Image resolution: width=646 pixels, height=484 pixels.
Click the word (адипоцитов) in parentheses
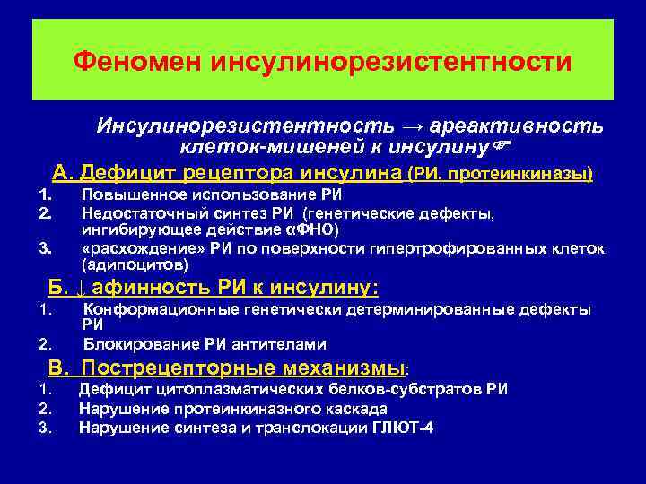[135, 265]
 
